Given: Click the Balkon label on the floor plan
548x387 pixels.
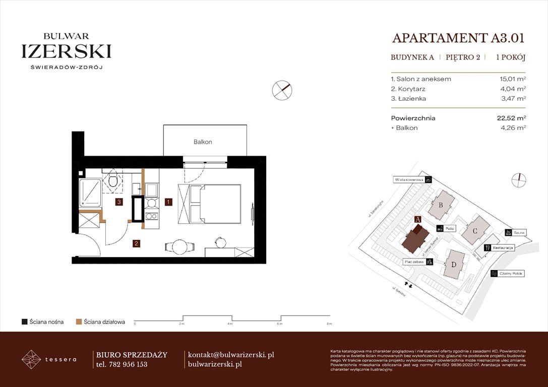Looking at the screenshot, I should pyautogui.click(x=203, y=142).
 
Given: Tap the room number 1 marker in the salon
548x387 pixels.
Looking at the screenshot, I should pyautogui.click(x=169, y=202).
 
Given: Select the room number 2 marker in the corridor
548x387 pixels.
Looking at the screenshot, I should pyautogui.click(x=136, y=244).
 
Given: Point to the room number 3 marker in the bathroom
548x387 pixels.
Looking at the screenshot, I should pyautogui.click(x=118, y=202).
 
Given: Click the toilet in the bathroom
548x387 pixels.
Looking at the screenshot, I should pyautogui.click(x=113, y=181).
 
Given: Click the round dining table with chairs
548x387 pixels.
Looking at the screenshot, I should pyautogui.click(x=179, y=246).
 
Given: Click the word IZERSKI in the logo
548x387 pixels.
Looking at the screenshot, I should pyautogui.click(x=66, y=51).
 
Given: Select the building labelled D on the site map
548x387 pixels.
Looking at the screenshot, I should pyautogui.click(x=454, y=265).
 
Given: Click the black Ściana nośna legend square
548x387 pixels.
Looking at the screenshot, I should pyautogui.click(x=24, y=321).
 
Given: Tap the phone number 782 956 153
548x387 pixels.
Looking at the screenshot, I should pyautogui.click(x=128, y=364).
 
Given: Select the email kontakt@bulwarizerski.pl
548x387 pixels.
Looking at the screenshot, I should pyautogui.click(x=230, y=355).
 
